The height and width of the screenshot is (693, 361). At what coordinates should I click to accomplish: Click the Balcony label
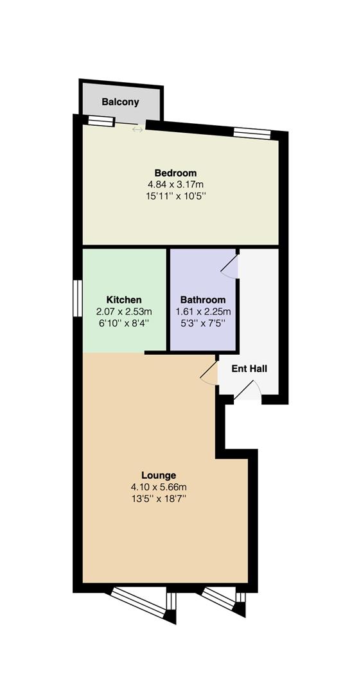[120, 102]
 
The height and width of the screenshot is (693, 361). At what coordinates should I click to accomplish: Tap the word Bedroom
[175, 173]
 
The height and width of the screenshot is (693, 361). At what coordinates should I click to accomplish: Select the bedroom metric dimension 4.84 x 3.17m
[175, 184]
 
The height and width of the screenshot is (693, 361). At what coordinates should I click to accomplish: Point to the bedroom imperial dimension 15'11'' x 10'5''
[175, 196]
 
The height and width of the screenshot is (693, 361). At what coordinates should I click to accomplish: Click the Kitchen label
[124, 300]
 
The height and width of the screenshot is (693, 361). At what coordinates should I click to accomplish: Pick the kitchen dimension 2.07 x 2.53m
[124, 311]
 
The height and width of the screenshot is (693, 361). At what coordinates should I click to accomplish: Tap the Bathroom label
[203, 300]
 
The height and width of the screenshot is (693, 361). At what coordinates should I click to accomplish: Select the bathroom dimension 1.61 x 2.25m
[203, 311]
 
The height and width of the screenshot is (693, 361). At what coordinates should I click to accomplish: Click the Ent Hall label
[249, 368]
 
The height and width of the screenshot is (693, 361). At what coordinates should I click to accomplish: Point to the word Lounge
[159, 475]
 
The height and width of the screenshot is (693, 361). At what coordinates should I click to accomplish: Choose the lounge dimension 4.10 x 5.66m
[159, 487]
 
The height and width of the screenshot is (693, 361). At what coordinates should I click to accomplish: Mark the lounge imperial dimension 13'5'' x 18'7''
[159, 499]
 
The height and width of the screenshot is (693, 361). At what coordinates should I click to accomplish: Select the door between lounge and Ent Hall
[209, 373]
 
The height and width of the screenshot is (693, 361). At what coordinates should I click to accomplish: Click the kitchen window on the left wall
[78, 298]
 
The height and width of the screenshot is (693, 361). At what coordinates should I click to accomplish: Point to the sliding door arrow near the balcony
[137, 130]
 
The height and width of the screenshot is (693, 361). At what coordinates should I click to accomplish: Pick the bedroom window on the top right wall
[252, 133]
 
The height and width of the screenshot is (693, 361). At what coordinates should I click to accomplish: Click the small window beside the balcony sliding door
[101, 121]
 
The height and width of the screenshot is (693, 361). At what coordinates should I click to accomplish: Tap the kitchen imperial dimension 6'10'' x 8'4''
[124, 323]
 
